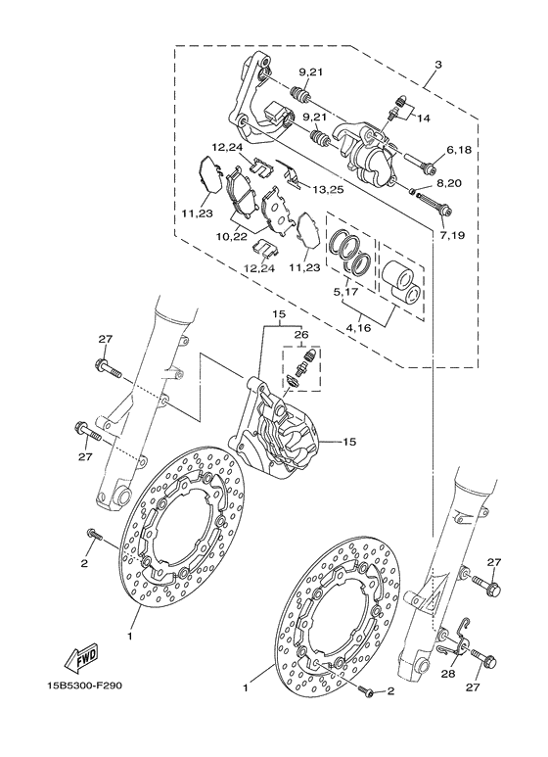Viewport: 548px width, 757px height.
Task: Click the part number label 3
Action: coord(438,64)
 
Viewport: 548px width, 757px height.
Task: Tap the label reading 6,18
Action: coord(460,150)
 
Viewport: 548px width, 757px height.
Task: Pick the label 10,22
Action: coord(231,236)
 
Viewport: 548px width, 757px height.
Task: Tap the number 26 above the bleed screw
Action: coord(300,335)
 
